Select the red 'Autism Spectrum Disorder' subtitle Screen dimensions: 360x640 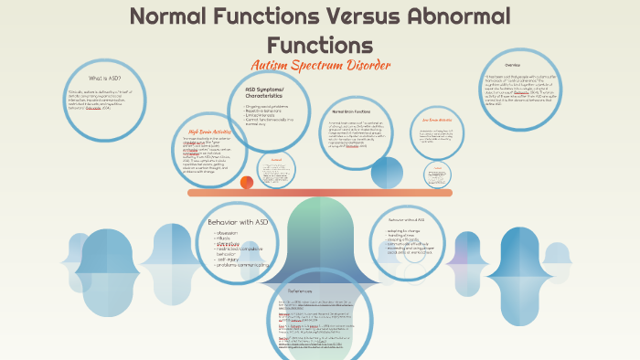320,66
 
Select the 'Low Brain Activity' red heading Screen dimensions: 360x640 437,120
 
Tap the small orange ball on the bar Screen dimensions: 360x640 246,183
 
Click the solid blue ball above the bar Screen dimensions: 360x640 387,172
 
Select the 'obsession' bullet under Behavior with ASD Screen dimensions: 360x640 229,232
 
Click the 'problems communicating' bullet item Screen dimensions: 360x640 246,265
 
